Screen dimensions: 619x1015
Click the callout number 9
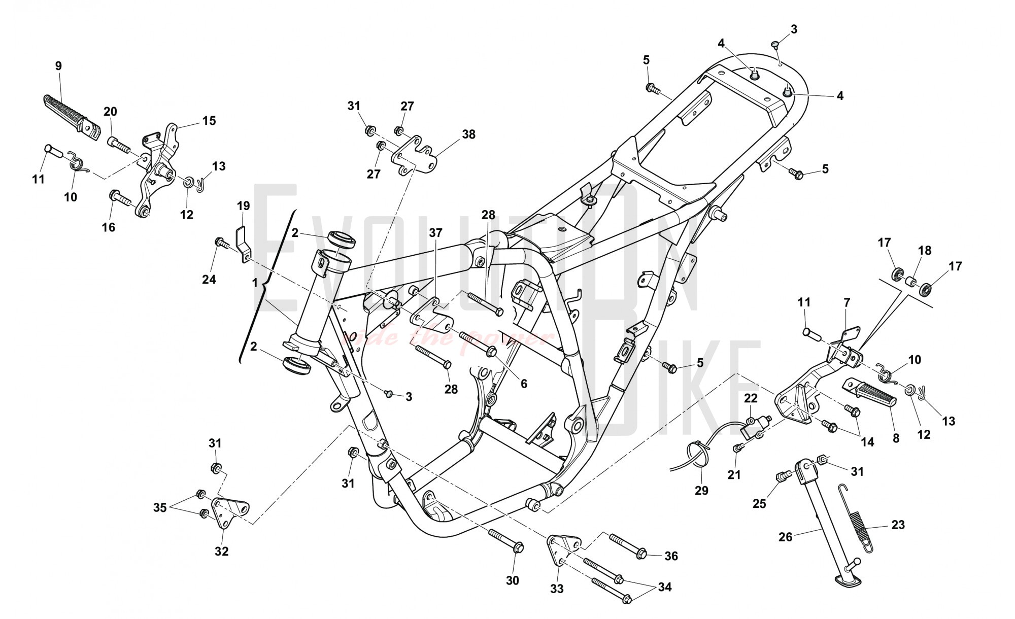click(58, 65)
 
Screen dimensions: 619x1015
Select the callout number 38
click(468, 134)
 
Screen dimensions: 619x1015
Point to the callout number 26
click(785, 536)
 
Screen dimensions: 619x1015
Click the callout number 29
click(701, 491)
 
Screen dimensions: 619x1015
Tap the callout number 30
click(513, 580)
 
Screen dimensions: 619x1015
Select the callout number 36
click(671, 556)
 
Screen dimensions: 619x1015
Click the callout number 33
click(557, 589)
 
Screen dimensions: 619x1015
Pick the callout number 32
click(221, 551)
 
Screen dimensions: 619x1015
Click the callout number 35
click(160, 507)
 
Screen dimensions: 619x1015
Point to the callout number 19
click(243, 205)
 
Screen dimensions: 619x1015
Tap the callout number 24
click(209, 279)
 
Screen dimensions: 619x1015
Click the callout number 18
click(925, 251)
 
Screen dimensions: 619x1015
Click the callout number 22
click(751, 398)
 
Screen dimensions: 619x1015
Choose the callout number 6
click(524, 384)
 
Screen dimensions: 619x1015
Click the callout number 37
click(435, 233)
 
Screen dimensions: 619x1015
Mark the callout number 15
click(209, 121)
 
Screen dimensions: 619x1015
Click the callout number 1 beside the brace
click(255, 283)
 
